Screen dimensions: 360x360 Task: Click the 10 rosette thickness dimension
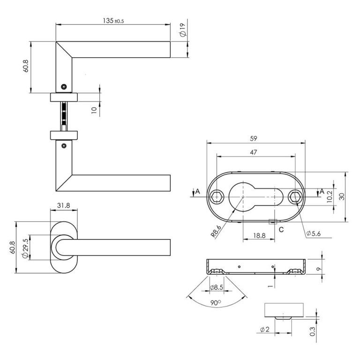(x=94, y=110)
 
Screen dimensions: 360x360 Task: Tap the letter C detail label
(x=281, y=229)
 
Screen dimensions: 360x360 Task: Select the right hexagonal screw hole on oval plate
(x=294, y=196)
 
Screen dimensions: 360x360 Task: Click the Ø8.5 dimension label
(x=216, y=287)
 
